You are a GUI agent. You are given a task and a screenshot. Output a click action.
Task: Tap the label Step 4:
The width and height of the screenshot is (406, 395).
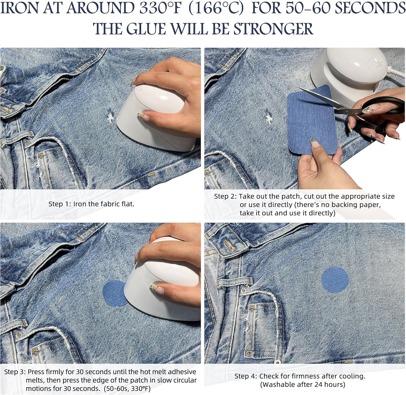[x=246, y=376]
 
